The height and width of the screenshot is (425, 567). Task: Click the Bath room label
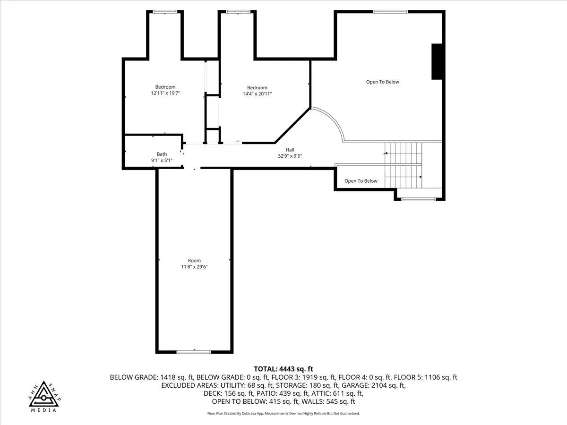(x=162, y=154)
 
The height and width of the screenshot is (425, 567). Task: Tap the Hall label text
(x=290, y=150)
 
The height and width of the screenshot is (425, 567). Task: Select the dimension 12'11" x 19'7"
(x=165, y=93)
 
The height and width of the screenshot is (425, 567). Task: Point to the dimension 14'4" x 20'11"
(x=257, y=93)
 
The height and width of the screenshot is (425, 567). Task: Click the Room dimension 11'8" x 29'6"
(x=194, y=266)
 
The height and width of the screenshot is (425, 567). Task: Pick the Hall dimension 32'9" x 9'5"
(x=290, y=156)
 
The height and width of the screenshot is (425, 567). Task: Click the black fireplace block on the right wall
(x=437, y=61)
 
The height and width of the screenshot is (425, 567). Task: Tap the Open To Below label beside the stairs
(x=361, y=181)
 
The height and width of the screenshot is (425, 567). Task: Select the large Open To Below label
(x=383, y=82)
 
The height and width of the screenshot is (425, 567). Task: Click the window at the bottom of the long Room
(x=193, y=352)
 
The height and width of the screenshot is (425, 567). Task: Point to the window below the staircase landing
(x=418, y=199)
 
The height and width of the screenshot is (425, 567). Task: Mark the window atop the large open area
(x=390, y=12)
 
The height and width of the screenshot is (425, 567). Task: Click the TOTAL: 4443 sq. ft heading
(x=283, y=369)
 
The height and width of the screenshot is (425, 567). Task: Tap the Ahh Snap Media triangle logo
(x=44, y=395)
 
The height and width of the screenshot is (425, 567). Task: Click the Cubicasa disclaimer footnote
(x=283, y=413)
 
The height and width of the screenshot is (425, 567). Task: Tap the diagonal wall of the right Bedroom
(x=292, y=126)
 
